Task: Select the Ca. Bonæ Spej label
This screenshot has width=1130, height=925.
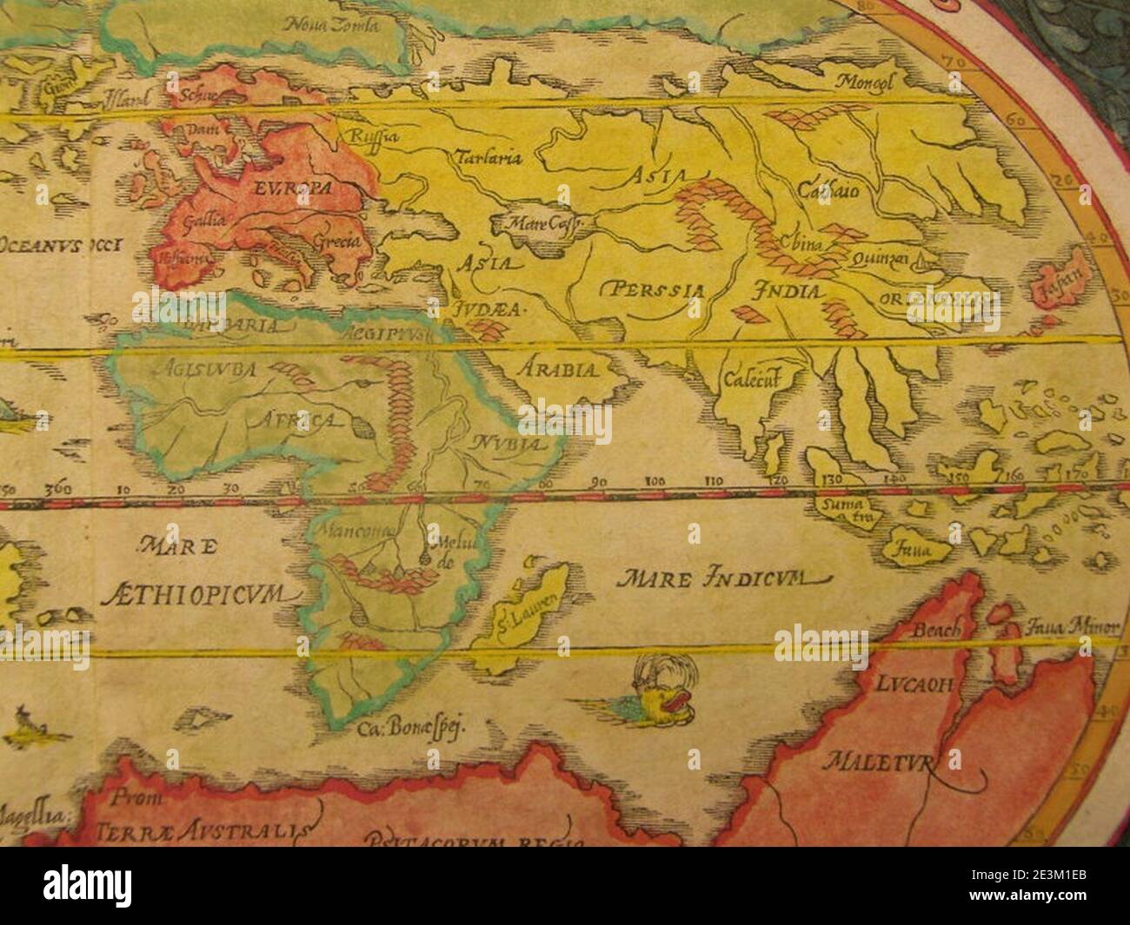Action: (x=412, y=729)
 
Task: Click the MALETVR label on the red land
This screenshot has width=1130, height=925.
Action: (x=881, y=764)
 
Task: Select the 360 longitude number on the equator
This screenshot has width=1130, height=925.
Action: (x=63, y=488)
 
